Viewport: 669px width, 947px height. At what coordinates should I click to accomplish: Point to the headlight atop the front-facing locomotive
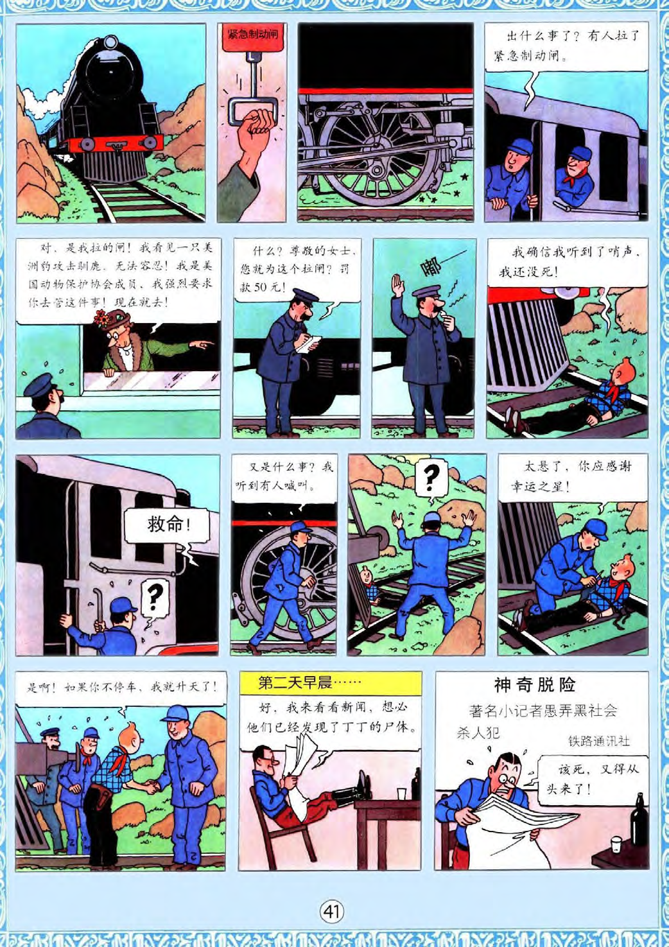[x=111, y=43]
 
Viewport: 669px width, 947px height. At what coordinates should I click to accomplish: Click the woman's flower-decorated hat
[x=112, y=318]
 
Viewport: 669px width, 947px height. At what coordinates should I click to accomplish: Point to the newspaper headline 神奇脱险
[x=535, y=684]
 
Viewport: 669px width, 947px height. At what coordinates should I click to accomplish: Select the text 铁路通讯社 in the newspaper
[x=599, y=741]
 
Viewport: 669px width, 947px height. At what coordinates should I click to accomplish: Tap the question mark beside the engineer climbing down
[x=155, y=598]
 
